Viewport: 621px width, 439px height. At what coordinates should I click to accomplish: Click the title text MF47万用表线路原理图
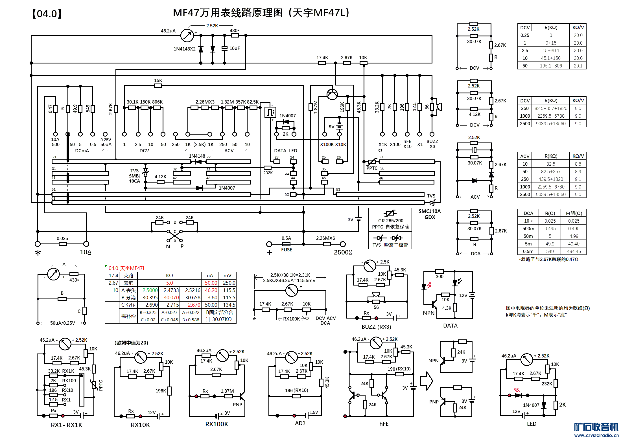(228, 13)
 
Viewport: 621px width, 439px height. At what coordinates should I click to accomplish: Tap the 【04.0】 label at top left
(47, 14)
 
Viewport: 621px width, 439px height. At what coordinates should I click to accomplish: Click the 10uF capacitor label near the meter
(235, 48)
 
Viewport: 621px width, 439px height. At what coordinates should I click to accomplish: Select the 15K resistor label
(158, 80)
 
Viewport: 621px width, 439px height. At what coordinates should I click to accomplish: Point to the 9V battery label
(332, 127)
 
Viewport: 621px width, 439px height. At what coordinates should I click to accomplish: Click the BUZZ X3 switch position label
(432, 144)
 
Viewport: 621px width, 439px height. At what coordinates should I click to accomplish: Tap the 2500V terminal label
(343, 252)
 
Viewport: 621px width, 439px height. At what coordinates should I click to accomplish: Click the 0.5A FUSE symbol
(286, 244)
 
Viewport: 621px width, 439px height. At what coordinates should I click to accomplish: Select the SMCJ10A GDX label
(430, 214)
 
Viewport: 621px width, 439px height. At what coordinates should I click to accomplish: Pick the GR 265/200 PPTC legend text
(390, 224)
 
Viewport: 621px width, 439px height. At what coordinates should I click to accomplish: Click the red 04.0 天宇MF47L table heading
(127, 268)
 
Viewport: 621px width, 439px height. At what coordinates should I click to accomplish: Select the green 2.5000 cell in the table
(150, 290)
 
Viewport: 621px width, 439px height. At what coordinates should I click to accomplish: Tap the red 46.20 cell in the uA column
(211, 290)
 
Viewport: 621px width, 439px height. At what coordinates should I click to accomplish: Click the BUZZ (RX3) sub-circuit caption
(376, 327)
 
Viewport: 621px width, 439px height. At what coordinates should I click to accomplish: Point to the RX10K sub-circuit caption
(140, 425)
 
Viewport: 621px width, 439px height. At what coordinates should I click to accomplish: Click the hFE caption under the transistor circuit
(384, 424)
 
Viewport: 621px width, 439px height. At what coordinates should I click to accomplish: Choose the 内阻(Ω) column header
(574, 213)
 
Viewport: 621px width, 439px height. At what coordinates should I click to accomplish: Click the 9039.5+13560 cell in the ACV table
(551, 194)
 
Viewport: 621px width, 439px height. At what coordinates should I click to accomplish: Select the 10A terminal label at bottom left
(85, 252)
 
